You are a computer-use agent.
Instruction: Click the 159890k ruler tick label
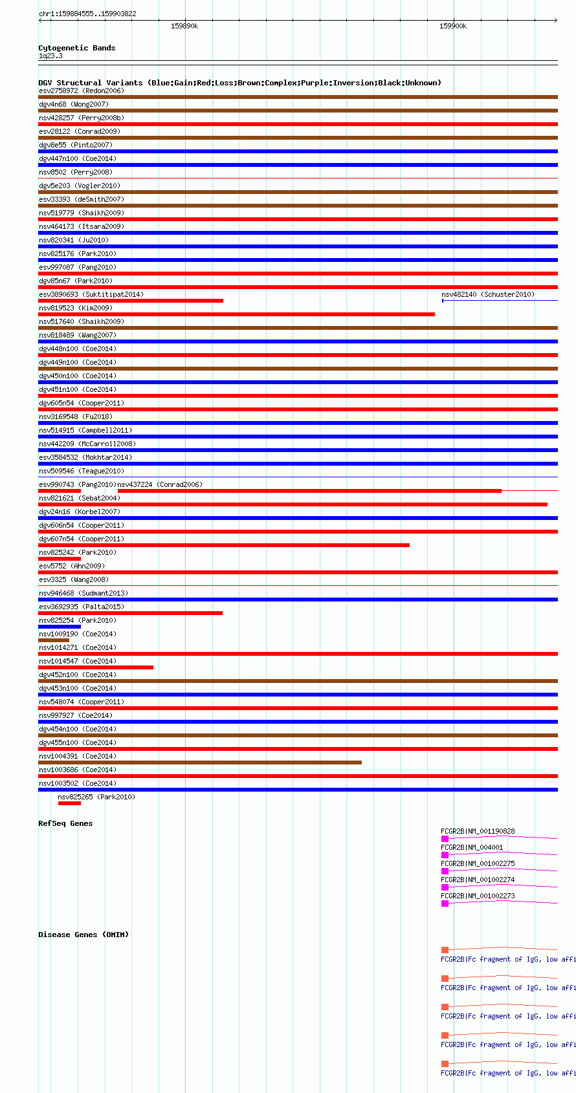pos(184,26)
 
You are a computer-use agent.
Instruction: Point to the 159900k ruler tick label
pos(453,26)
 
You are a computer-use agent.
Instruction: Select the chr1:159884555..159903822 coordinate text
pos(87,14)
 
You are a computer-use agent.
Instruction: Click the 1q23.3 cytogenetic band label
pos(50,56)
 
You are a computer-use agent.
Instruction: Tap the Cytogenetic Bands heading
pos(76,48)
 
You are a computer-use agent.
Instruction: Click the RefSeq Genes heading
pos(65,823)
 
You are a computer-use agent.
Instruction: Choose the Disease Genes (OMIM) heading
pos(83,935)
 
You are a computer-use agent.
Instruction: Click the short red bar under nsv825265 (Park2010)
pos(69,803)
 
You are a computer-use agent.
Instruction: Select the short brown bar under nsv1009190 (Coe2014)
pos(54,640)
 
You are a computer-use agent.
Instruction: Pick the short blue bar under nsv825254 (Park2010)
pos(60,627)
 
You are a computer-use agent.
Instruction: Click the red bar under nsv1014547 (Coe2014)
pos(96,667)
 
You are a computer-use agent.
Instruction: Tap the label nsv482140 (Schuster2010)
pos(488,294)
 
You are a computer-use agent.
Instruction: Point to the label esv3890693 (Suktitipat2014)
pos(91,294)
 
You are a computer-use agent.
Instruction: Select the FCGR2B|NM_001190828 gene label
pos(478,831)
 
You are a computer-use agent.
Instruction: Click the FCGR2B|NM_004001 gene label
pos(472,847)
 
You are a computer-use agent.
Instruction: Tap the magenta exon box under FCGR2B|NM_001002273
pos(445,904)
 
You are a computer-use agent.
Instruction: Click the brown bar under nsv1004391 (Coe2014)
pos(200,763)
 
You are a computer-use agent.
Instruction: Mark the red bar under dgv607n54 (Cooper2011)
pos(224,545)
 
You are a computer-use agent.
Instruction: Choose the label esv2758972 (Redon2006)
pos(82,91)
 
